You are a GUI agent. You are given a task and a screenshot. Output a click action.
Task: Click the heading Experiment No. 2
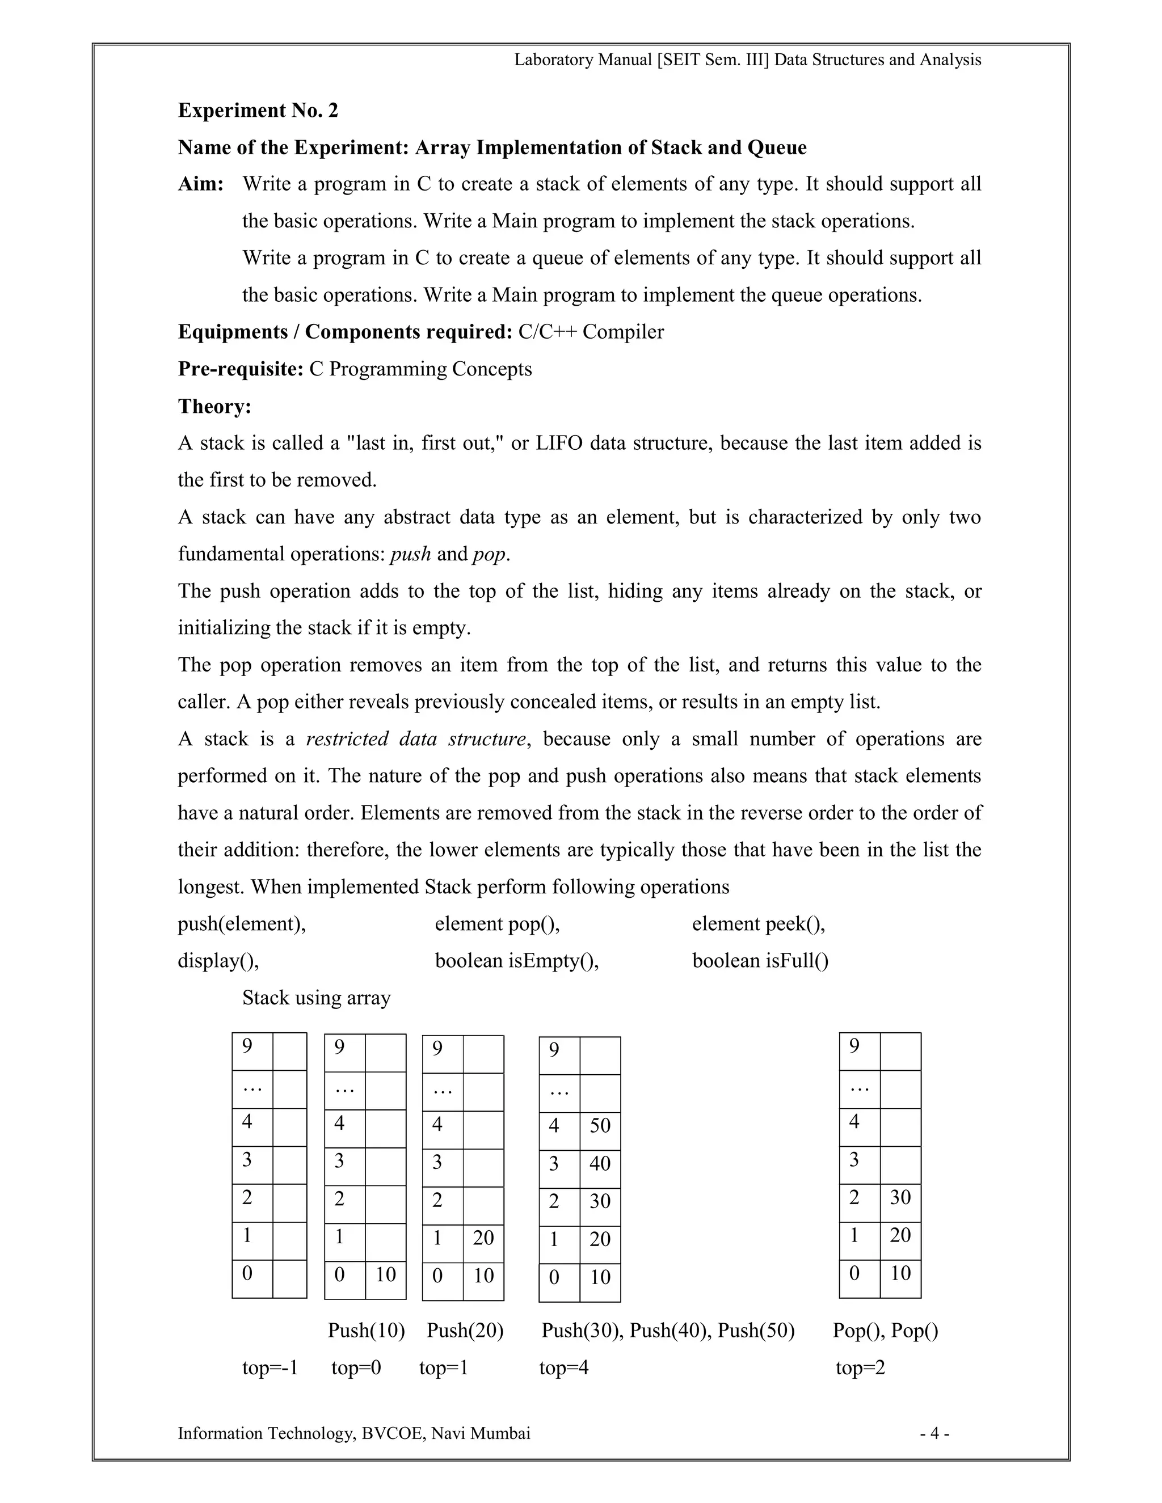258,110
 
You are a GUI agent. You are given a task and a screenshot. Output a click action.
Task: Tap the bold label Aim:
201,184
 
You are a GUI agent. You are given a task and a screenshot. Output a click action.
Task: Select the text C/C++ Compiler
591,332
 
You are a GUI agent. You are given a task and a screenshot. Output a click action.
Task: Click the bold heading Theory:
215,406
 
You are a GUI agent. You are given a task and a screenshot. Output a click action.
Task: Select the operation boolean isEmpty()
517,960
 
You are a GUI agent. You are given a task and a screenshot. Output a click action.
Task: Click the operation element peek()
759,923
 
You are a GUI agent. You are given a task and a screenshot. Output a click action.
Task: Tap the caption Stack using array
316,997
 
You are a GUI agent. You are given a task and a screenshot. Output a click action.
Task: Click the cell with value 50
600,1125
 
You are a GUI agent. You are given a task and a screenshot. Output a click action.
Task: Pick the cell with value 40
600,1163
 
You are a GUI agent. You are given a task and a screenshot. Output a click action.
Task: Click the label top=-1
270,1367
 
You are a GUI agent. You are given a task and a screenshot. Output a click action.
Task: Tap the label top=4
564,1367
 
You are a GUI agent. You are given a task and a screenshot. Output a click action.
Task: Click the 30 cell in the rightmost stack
900,1197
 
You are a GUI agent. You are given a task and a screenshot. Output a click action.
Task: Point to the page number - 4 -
935,1433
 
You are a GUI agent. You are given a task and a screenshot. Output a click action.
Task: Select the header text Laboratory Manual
583,60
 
